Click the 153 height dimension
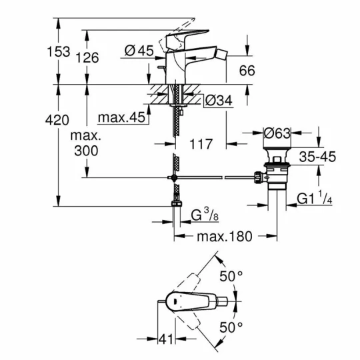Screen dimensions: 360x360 (x=58, y=51)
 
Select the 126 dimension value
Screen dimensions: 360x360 (x=87, y=57)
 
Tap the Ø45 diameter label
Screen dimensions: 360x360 (x=139, y=51)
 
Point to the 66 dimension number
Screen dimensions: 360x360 (x=247, y=71)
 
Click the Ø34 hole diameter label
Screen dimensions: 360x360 (x=219, y=100)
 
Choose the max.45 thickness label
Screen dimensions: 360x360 (x=121, y=117)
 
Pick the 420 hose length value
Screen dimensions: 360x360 (x=57, y=120)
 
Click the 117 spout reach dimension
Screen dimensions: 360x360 (x=201, y=144)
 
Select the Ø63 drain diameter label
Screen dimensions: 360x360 (x=277, y=133)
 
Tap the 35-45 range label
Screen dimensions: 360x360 (x=317, y=157)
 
